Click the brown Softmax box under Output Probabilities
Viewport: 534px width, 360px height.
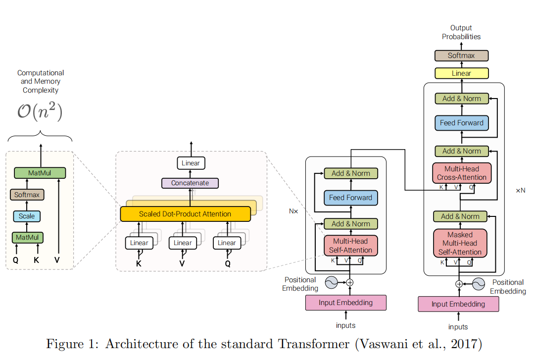click(461, 55)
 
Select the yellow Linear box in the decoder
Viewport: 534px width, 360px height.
click(461, 73)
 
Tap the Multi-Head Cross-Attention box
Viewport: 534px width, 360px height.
click(461, 173)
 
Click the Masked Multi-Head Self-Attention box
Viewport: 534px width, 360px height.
click(460, 243)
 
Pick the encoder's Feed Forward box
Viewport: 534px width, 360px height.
click(350, 198)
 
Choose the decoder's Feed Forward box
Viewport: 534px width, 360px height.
click(461, 123)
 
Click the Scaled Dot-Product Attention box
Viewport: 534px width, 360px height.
click(185, 214)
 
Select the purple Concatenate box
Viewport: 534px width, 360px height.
click(190, 183)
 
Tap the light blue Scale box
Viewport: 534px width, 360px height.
click(27, 216)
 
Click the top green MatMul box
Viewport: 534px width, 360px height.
click(40, 173)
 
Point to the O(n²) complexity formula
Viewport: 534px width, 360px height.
click(40, 112)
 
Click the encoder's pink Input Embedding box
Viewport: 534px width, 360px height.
click(346, 303)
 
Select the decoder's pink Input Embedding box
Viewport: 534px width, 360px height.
click(458, 304)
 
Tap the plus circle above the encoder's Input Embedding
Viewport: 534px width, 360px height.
click(350, 282)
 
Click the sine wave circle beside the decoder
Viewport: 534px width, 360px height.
click(478, 284)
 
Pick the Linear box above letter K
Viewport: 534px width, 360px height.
click(139, 243)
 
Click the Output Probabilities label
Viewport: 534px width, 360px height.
click(461, 32)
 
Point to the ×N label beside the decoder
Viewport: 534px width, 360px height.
click(520, 190)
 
